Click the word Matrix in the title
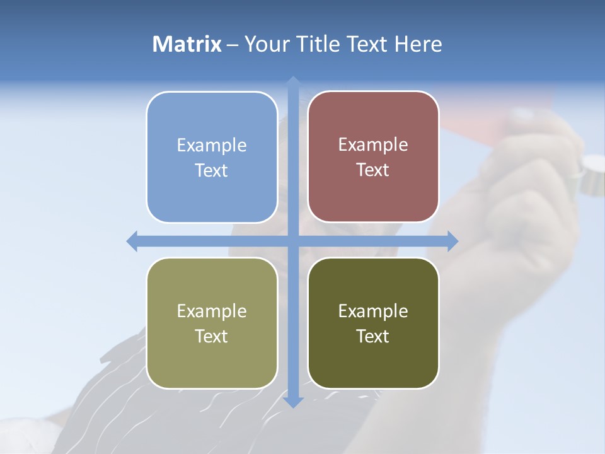coord(187,44)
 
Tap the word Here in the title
coord(418,44)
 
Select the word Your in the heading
coord(267,44)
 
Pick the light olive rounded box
coord(212,366)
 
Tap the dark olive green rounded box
coord(373,366)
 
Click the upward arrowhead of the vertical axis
coord(293,82)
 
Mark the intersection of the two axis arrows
coord(293,241)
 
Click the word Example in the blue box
coord(212,146)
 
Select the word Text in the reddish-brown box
coord(373,170)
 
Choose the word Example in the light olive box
coord(212,311)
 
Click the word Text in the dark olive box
coord(373,337)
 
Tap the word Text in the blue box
coord(212,171)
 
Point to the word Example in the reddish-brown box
coord(373,145)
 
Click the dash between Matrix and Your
coord(233,45)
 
